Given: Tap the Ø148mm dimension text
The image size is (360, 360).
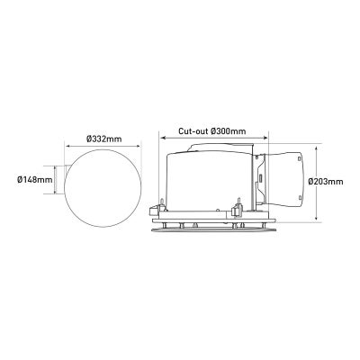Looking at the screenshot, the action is [35, 180].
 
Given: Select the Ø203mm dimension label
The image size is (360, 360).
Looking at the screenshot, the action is [326, 182].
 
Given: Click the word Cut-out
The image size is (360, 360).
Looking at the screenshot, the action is [193, 131].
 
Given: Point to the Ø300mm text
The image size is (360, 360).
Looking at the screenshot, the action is [228, 131].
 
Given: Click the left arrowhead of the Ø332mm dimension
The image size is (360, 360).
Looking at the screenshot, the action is [67, 147].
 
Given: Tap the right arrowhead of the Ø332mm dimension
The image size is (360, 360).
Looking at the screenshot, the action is [138, 147].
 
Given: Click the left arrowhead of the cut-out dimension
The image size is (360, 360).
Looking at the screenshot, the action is [163, 138].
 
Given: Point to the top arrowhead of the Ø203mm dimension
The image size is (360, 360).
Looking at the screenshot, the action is [316, 149].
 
